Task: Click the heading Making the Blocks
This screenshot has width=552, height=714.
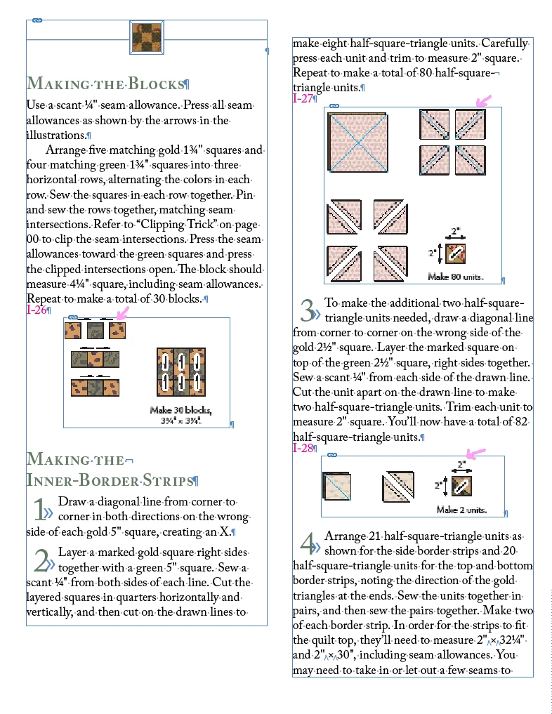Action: pos(105,84)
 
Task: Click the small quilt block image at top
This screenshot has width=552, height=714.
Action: pos(147,37)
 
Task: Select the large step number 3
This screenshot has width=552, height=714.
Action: pos(307,310)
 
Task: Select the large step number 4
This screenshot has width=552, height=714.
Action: pos(307,543)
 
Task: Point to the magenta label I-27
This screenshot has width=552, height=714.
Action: pos(303,98)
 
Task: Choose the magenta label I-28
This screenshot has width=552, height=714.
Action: pos(303,448)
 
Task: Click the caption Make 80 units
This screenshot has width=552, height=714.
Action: pos(456,277)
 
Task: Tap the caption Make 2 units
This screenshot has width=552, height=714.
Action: pos(461,510)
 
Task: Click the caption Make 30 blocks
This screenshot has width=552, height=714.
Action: pos(180,410)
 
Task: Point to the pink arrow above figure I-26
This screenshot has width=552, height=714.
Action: pos(123,312)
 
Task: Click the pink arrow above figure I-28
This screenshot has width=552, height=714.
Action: pos(476,452)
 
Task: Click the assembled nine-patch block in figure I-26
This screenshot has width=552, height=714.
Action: pos(180,371)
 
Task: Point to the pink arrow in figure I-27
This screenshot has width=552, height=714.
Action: pos(482,102)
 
